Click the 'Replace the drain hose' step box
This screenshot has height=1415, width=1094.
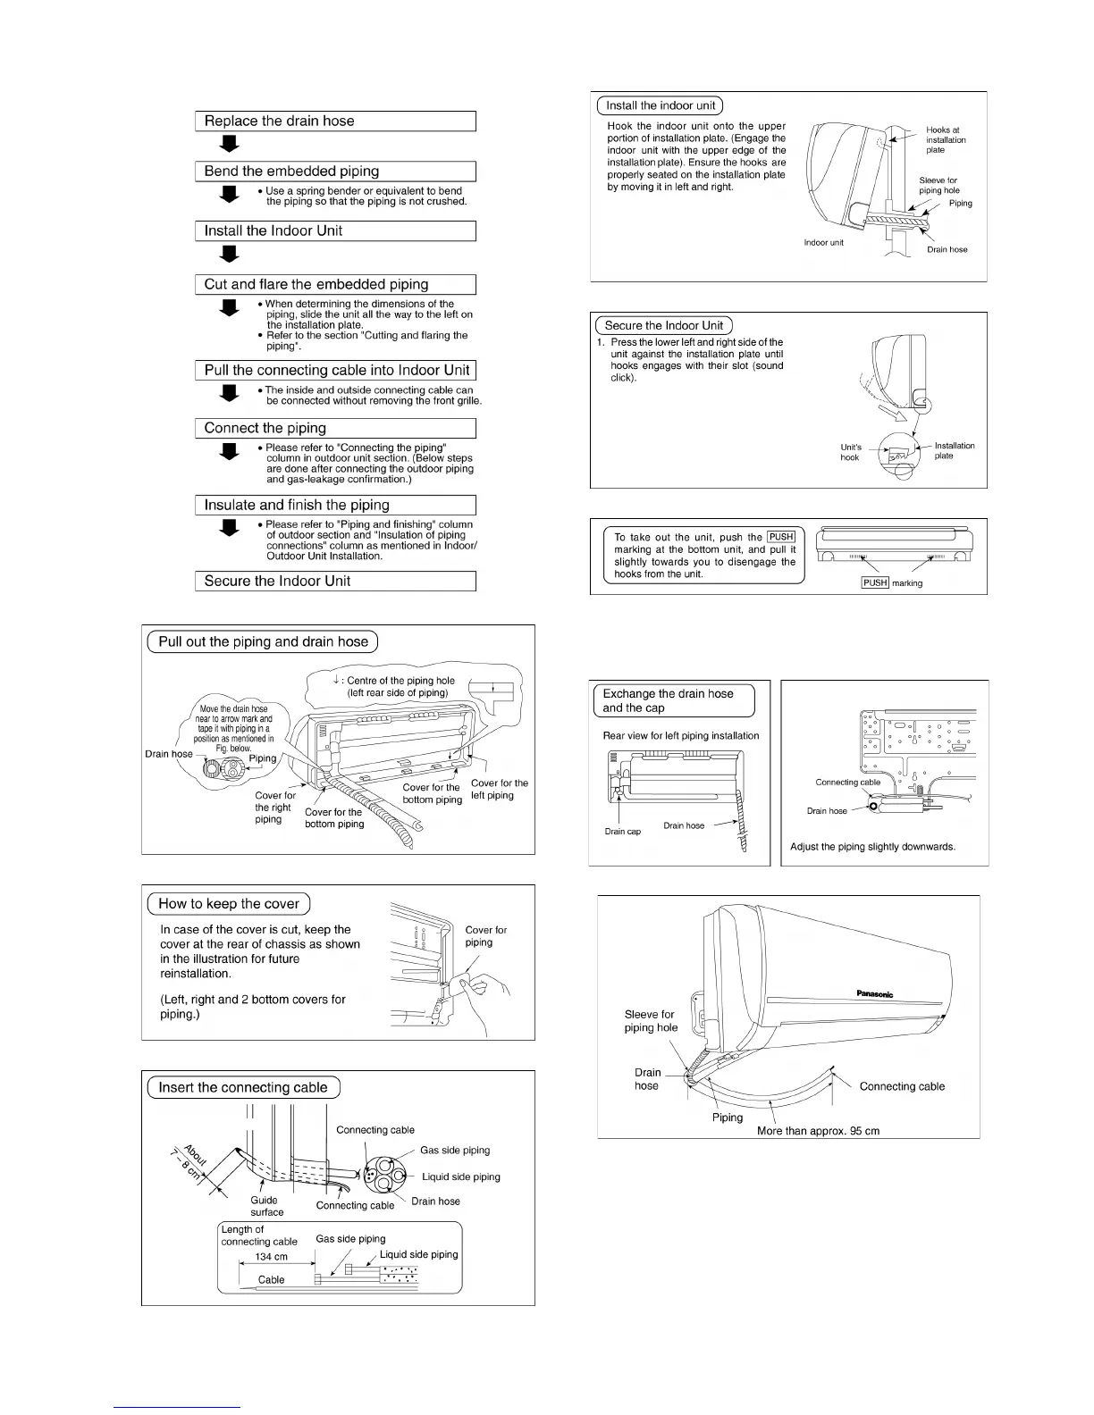tap(334, 121)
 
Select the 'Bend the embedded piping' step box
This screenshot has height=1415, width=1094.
tap(334, 172)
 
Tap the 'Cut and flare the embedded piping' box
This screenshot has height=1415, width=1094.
tap(334, 285)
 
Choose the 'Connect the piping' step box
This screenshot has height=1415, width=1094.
tap(334, 429)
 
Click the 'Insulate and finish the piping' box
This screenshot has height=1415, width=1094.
tap(334, 506)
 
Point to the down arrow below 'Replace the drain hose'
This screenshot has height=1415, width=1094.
tap(230, 143)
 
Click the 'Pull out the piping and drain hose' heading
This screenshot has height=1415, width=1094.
tap(263, 642)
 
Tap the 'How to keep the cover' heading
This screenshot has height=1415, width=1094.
tap(229, 904)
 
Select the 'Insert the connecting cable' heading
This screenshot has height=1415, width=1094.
tap(243, 1088)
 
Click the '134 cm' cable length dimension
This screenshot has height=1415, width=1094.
tap(272, 1257)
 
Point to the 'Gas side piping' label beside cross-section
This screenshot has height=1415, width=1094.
tap(455, 1151)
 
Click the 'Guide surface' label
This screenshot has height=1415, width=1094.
tap(265, 1206)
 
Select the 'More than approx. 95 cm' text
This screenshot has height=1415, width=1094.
tap(818, 1131)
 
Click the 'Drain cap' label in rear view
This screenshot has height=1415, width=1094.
tap(622, 832)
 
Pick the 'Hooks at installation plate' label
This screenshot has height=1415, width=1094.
tap(945, 140)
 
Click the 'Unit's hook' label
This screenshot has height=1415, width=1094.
tap(850, 452)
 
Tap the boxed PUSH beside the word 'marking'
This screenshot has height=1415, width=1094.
tap(875, 582)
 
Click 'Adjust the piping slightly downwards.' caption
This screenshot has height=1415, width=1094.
tap(872, 847)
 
